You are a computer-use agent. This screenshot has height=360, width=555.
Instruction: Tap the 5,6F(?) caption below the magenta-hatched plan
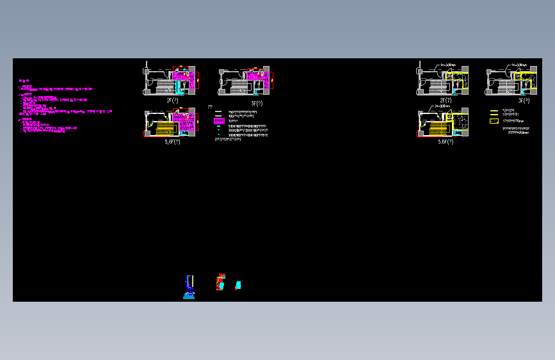[172, 142]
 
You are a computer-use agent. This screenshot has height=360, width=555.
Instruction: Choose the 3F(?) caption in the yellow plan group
[524, 101]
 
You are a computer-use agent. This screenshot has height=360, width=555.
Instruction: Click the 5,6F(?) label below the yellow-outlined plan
[443, 142]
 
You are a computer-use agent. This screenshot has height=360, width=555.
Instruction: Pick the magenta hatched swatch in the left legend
[218, 120]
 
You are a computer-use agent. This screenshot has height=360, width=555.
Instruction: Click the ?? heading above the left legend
[210, 107]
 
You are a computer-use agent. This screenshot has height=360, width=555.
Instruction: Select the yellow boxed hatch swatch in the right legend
[494, 120]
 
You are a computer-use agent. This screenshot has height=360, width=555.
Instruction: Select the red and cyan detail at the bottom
[220, 282]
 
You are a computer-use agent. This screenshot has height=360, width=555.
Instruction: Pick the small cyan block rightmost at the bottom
[238, 284]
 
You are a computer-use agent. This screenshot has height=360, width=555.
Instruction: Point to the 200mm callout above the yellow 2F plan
[448, 65]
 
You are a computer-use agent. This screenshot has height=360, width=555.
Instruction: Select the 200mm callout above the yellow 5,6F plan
[442, 107]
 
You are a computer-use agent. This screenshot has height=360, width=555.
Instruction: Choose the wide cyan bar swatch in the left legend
[218, 127]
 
